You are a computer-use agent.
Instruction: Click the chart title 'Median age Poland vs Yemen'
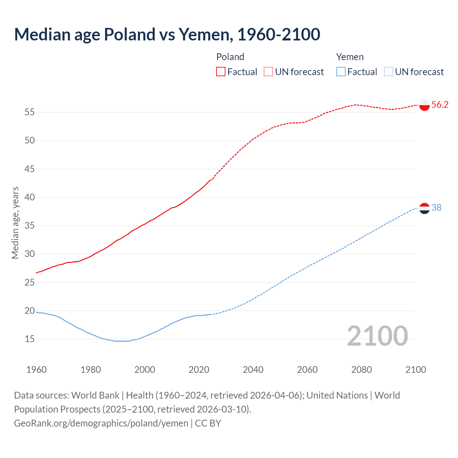click(167, 34)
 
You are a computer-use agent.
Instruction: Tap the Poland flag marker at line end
click(424, 105)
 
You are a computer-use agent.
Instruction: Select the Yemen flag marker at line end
click(424, 208)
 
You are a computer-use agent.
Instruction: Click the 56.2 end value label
click(440, 104)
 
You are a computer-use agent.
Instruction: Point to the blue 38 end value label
click(437, 208)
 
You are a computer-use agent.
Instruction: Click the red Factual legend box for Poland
click(221, 72)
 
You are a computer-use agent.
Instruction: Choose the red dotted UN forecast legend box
click(268, 72)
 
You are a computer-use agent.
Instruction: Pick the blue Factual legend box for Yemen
click(341, 72)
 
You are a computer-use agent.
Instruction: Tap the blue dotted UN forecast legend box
click(388, 72)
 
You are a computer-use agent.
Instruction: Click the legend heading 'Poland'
click(230, 57)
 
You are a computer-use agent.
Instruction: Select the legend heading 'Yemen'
click(350, 57)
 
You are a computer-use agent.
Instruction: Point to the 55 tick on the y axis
click(30, 112)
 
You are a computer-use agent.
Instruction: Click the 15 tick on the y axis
click(30, 339)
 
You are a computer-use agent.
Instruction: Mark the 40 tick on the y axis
click(30, 197)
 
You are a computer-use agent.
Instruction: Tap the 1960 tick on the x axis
click(36, 370)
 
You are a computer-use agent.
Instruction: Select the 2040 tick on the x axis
click(253, 370)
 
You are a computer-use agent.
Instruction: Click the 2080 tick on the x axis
click(361, 370)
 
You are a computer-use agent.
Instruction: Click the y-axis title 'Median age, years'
click(15, 223)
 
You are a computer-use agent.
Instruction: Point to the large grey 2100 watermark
click(377, 336)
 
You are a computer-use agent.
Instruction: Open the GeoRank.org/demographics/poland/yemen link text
click(101, 423)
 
